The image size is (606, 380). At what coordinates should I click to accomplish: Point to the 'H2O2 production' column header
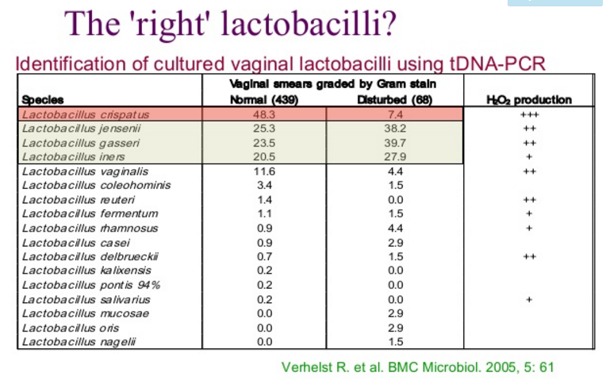[x=531, y=101]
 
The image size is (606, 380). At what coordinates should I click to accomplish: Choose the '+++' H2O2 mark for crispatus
[x=531, y=115]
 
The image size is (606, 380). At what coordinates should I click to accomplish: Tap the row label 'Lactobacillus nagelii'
[x=74, y=341]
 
